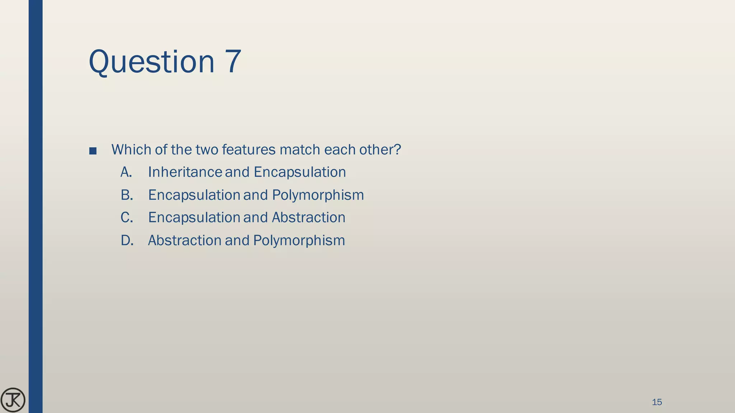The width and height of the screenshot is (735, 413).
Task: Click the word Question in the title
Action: (x=151, y=62)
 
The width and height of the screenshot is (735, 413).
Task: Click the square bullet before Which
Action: (x=93, y=151)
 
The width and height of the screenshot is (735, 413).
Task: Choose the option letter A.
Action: (x=126, y=172)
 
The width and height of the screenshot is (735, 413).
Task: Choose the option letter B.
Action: (x=126, y=195)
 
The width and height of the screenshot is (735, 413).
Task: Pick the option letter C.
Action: (x=126, y=218)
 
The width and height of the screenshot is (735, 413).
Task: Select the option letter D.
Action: (x=127, y=241)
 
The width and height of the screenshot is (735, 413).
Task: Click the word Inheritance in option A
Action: (x=185, y=172)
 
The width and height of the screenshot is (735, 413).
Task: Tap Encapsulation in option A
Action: (x=300, y=172)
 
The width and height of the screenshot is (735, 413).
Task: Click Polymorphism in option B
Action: (x=318, y=195)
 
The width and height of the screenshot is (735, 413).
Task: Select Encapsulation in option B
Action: (x=194, y=195)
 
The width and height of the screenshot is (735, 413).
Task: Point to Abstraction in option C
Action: (x=309, y=218)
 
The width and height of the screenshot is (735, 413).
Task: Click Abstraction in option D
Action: (x=185, y=241)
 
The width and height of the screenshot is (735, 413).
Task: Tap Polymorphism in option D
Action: (x=299, y=241)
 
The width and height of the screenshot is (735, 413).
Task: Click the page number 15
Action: (x=657, y=402)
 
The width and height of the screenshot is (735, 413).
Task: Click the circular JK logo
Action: (x=13, y=400)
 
